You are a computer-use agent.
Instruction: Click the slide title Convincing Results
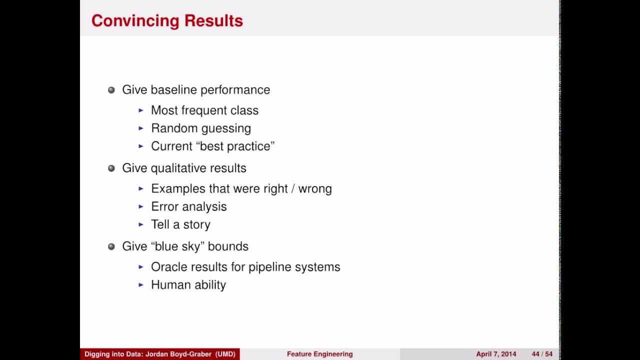tap(167, 20)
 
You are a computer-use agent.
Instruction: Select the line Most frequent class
tap(204, 110)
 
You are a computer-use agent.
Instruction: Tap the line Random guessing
tap(200, 128)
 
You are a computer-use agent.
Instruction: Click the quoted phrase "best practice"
tap(244, 146)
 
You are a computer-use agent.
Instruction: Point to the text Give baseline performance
tap(196, 90)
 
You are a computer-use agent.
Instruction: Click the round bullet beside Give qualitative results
tap(111, 168)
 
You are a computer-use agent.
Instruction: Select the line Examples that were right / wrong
tap(241, 189)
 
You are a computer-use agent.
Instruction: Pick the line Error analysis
tap(188, 207)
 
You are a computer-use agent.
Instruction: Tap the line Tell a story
tap(180, 225)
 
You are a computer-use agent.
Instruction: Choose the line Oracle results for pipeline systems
tap(245, 267)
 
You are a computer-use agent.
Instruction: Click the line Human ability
tap(188, 285)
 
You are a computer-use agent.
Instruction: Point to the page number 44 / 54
tap(542, 354)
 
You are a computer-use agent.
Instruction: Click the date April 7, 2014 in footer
tap(496, 354)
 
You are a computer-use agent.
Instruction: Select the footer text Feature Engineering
tap(319, 354)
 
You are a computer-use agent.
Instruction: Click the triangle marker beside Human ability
tap(141, 285)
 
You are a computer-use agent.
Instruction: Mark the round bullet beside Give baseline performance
tap(111, 90)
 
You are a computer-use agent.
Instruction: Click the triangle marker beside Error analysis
tap(141, 207)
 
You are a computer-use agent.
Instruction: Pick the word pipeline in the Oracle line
tap(271, 267)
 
